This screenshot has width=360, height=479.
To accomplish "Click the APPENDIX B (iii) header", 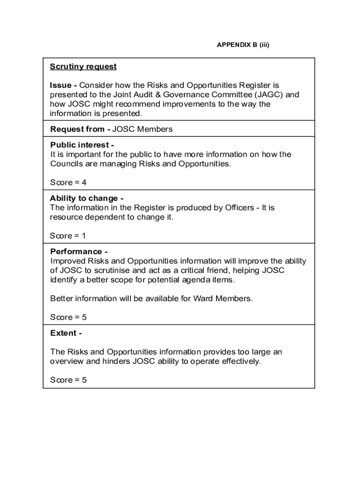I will click(x=243, y=45).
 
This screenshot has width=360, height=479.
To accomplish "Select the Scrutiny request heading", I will click(x=83, y=66).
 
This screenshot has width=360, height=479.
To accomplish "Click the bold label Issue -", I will click(x=64, y=85).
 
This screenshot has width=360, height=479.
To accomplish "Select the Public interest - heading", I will click(x=82, y=145).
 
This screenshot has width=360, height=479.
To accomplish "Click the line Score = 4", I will click(x=68, y=182).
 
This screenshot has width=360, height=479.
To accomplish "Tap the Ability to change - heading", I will click(x=86, y=198).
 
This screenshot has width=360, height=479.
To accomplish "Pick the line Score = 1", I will click(x=68, y=236).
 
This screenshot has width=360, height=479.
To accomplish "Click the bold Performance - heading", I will click(x=79, y=252).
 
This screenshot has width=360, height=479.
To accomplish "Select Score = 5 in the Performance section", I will click(x=68, y=317).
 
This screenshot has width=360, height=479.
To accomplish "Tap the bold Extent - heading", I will click(x=66, y=333).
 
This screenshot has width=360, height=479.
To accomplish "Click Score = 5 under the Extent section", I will click(x=68, y=380).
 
